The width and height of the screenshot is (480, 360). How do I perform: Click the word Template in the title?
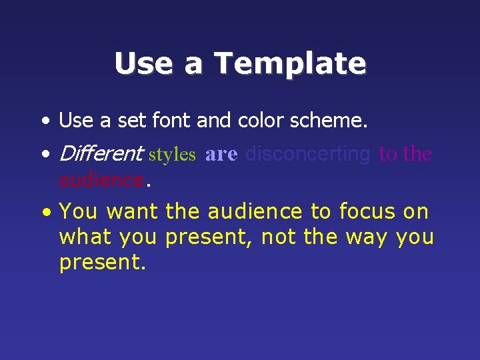pyautogui.click(x=290, y=64)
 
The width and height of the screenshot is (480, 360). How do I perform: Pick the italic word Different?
pyautogui.click(x=101, y=154)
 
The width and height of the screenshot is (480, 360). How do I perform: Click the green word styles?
pyautogui.click(x=172, y=155)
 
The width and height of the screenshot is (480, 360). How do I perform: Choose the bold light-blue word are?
pyautogui.click(x=221, y=154)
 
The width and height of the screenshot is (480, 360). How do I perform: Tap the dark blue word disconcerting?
pyautogui.click(x=307, y=154)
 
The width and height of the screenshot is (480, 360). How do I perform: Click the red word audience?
pyautogui.click(x=101, y=180)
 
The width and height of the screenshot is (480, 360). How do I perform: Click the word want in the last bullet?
pyautogui.click(x=132, y=212)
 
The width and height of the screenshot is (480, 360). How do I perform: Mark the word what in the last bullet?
pyautogui.click(x=82, y=237)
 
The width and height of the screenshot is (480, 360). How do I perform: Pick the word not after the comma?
pyautogui.click(x=277, y=237)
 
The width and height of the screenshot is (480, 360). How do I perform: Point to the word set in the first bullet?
pyautogui.click(x=134, y=121)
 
